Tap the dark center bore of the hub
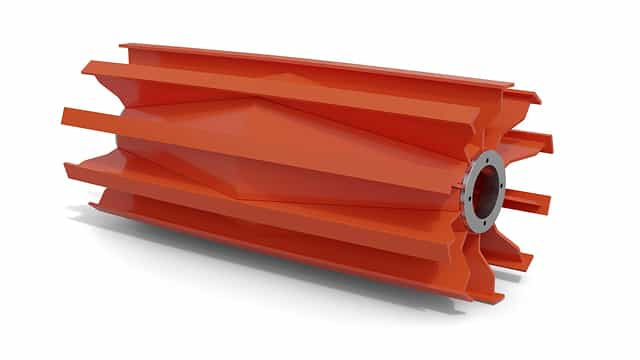click(x=487, y=189)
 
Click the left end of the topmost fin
click(x=124, y=46)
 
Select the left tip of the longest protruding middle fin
click(x=66, y=116)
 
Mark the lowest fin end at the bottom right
click(x=496, y=297)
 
